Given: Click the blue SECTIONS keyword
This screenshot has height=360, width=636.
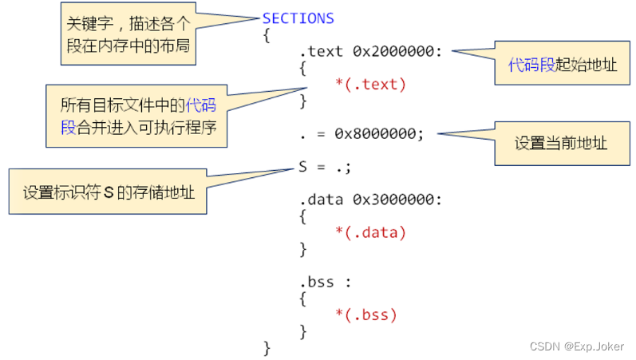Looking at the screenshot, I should coord(298,18).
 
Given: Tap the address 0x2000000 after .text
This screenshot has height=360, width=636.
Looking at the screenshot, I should coord(394,52).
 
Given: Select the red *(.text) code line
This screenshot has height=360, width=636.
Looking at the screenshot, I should coord(370,84).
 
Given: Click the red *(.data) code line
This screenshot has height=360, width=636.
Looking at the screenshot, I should coord(370,232).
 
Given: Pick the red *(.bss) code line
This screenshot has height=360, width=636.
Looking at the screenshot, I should coord(365,315).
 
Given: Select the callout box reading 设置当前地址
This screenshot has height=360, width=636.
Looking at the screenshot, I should coord(561,144).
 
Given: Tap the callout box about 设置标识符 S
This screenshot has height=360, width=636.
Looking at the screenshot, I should coord(109,192).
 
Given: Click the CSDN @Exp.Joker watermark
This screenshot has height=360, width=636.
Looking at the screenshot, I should coord(577,346).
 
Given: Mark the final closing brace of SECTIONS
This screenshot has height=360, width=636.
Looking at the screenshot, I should coord(267,348).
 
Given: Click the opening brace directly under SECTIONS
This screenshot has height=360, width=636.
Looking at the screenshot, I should coord(267,35).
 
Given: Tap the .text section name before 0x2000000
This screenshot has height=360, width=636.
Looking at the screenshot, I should coord(322,52).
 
